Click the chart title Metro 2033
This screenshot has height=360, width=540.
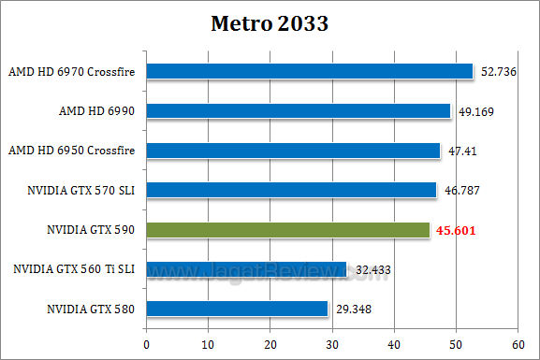[270, 23]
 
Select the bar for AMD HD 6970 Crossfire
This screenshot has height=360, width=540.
[309, 71]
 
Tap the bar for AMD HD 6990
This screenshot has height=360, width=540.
[298, 110]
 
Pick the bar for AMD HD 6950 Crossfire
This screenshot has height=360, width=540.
[292, 151]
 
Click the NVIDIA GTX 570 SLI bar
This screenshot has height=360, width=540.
[290, 190]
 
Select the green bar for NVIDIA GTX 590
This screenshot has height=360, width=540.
[286, 229]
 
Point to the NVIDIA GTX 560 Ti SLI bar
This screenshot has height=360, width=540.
[246, 269]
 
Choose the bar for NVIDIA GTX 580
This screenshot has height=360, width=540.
[236, 309]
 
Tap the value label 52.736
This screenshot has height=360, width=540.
[500, 72]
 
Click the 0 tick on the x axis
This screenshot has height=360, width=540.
[146, 344]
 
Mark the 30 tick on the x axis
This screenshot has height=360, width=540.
[332, 344]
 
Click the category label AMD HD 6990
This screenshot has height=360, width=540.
[96, 111]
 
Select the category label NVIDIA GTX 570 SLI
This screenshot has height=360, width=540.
[81, 191]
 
